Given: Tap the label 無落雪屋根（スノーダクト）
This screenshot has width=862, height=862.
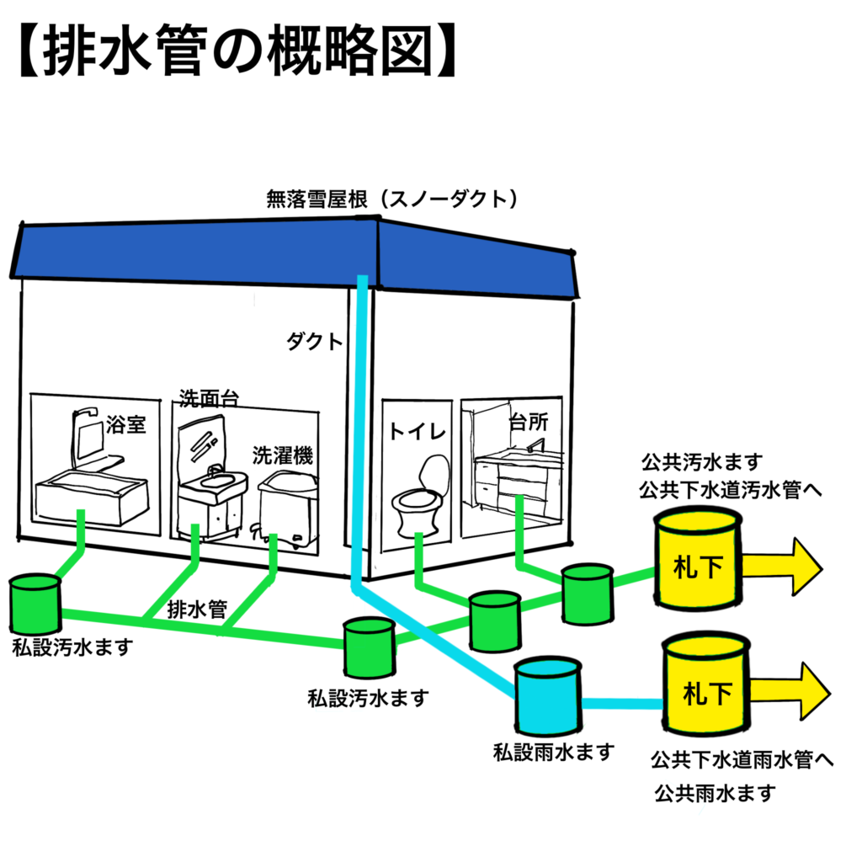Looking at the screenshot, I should (x=391, y=200).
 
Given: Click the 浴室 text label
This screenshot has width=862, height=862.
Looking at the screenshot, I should (x=126, y=426).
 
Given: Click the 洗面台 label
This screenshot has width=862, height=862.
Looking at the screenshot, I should (x=207, y=397).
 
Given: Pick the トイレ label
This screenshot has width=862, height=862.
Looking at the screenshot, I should (x=416, y=432).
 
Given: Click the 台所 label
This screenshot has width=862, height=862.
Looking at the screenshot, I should (x=529, y=421).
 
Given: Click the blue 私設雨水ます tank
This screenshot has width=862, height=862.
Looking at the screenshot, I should (x=548, y=695).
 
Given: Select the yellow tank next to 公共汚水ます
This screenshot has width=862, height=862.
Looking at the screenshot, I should (x=699, y=562).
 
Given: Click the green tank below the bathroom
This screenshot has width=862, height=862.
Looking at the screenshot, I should (x=35, y=604).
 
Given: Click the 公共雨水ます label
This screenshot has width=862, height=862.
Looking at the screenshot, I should (x=714, y=793).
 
